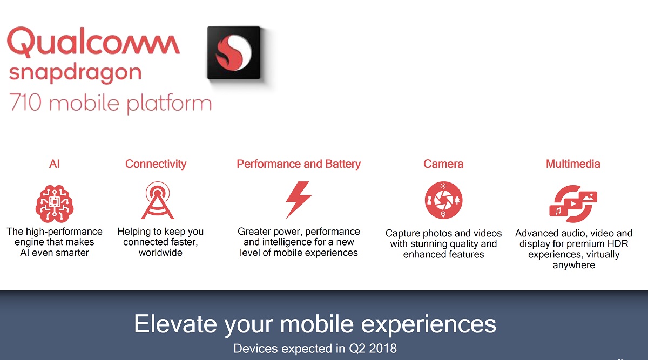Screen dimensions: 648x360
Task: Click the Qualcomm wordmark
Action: [x=93, y=42]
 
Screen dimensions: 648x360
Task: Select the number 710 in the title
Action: [x=25, y=102]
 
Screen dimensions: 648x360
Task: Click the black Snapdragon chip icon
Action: [x=234, y=53]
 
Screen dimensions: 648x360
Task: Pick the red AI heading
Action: [x=55, y=164]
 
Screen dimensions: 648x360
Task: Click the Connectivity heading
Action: [x=156, y=164]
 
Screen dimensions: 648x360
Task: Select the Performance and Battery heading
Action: [x=299, y=164]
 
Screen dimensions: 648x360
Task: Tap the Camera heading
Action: [x=443, y=164]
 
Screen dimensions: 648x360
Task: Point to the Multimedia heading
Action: [x=573, y=164]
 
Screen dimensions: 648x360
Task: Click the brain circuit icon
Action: [x=55, y=203]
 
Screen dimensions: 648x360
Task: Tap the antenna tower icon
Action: [x=157, y=200]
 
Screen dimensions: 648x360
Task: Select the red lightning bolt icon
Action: [x=299, y=200]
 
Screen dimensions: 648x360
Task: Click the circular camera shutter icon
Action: [x=443, y=200]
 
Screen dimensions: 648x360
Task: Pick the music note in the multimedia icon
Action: [x=558, y=211]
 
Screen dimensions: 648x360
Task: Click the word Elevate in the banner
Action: [x=175, y=324]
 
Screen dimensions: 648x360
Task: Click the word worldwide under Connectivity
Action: [x=160, y=253]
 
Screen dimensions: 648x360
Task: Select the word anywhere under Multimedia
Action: [x=573, y=265]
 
